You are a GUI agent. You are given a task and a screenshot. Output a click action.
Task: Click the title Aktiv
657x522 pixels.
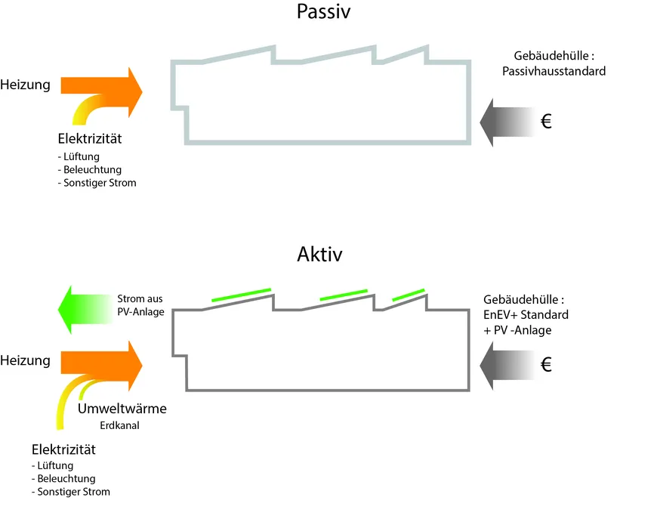(x=319, y=255)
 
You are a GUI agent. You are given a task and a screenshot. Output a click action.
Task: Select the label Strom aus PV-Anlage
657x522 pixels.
(x=141, y=304)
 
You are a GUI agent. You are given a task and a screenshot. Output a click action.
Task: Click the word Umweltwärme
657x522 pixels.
(x=122, y=409)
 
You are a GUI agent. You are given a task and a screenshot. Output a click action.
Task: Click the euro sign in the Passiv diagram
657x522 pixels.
(x=547, y=122)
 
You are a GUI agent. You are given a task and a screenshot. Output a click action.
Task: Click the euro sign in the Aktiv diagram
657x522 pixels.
(x=547, y=365)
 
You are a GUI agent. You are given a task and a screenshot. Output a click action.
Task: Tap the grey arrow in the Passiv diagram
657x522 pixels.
(x=506, y=122)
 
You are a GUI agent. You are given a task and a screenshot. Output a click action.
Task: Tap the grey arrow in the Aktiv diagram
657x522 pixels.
(x=506, y=365)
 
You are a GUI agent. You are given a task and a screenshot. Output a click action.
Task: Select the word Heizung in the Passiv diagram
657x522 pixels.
(x=26, y=85)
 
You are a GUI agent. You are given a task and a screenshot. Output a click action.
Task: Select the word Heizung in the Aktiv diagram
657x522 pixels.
(x=26, y=360)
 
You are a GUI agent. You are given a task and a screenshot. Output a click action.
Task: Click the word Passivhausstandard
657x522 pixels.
(x=554, y=72)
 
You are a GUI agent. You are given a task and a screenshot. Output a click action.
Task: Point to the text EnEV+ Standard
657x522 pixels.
(x=526, y=314)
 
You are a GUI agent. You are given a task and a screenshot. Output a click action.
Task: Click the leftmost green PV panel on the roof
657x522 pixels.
(x=241, y=295)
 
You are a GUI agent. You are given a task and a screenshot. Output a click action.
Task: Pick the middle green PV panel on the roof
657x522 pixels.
(x=344, y=295)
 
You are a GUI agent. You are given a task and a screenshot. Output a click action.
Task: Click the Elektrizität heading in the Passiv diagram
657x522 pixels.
(x=90, y=139)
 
